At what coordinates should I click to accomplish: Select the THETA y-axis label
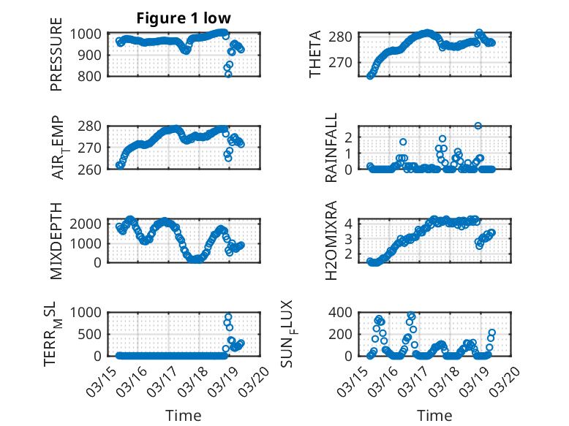pos(315,54)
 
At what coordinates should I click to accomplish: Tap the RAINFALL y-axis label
pos(332,148)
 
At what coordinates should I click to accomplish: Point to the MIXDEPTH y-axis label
pos(56,240)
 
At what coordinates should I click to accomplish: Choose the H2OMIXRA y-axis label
pos(331,240)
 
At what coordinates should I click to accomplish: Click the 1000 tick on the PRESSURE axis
pos(88,34)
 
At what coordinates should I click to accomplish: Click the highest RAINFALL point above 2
pos(478,126)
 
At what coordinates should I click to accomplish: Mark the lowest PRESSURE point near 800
pos(228,75)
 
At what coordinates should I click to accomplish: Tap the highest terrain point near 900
pos(228,317)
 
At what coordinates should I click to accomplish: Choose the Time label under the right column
pos(434,416)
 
